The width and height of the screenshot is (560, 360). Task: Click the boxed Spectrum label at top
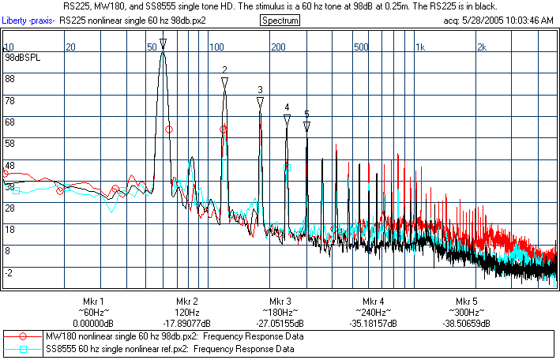(x=280, y=21)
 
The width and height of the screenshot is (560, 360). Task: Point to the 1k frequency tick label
(x=420, y=47)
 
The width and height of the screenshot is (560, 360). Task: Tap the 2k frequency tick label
(x=482, y=47)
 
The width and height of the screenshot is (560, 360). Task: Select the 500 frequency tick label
(x=361, y=47)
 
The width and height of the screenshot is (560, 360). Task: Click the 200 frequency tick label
(x=277, y=47)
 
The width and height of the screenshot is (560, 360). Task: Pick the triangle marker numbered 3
(x=260, y=100)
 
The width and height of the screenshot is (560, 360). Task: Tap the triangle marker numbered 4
(x=288, y=118)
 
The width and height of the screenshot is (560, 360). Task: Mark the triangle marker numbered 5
(x=306, y=126)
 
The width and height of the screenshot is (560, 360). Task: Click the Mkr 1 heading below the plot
(x=93, y=302)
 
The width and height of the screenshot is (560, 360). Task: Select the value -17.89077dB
(x=187, y=324)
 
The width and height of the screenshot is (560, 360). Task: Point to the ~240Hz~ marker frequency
(x=374, y=313)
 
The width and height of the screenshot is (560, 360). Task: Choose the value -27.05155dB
(x=280, y=324)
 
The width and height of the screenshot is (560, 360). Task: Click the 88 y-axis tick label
(x=10, y=79)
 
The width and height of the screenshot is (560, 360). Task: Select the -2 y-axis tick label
(x=9, y=272)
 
